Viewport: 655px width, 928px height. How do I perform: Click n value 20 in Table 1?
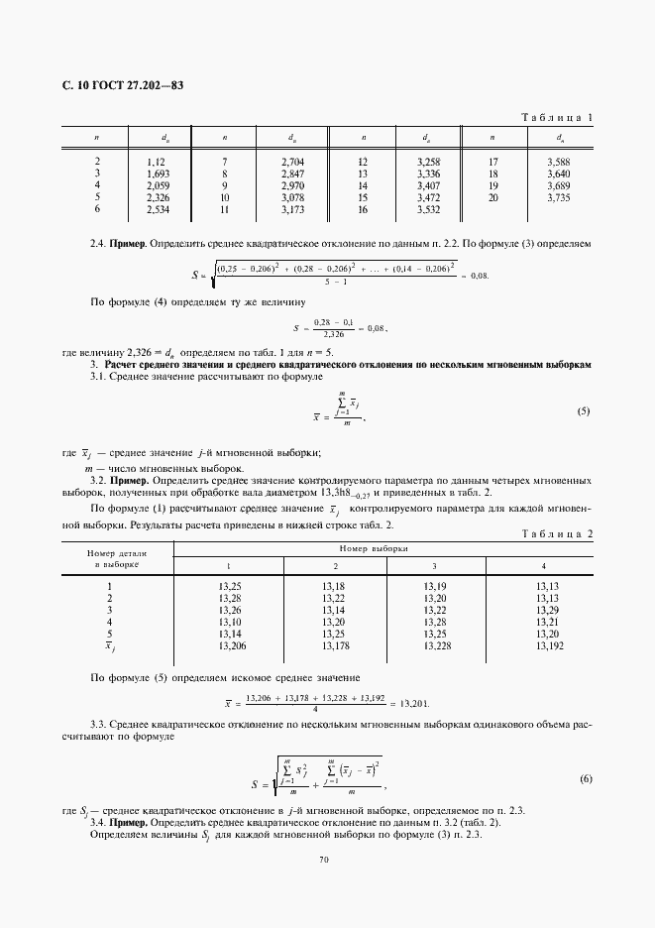tap(493, 198)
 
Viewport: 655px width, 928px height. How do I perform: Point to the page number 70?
tap(323, 859)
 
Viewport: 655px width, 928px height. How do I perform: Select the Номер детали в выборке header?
tap(117, 556)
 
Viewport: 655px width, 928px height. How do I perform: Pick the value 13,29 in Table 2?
tap(547, 610)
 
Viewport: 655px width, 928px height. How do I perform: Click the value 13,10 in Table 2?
tap(229, 622)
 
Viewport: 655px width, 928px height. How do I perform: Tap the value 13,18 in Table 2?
tap(333, 586)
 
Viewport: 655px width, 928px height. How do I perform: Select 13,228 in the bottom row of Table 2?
tap(437, 645)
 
